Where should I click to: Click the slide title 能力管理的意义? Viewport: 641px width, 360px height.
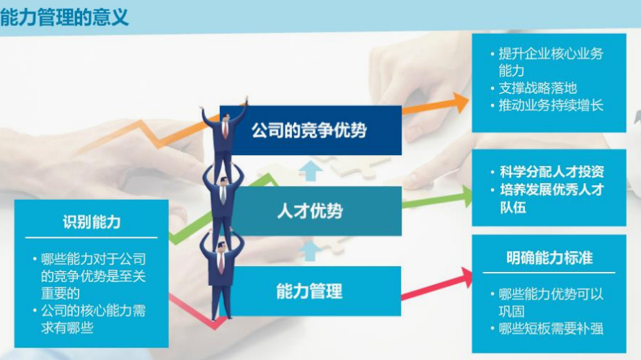click(64, 17)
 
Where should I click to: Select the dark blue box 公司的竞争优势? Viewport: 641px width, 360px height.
click(311, 130)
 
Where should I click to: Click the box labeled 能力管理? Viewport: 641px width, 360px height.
click(311, 291)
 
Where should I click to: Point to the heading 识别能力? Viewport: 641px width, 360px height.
click(92, 221)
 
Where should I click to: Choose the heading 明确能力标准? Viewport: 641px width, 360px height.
click(549, 258)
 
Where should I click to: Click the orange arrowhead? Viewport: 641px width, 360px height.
click(461, 102)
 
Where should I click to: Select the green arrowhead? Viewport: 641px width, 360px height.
click(465, 197)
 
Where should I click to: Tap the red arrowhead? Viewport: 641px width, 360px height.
click(466, 279)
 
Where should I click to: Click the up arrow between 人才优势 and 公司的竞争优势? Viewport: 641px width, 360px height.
click(311, 170)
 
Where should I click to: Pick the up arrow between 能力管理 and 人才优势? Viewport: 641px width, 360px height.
click(310, 250)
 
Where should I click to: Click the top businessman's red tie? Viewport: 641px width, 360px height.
click(225, 129)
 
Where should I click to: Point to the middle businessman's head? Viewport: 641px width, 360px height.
click(224, 181)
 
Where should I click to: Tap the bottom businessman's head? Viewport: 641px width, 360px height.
click(221, 247)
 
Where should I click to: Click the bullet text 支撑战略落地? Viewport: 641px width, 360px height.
click(538, 88)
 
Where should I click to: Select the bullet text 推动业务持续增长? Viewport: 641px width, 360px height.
click(551, 105)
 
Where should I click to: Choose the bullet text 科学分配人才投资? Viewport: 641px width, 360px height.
click(552, 172)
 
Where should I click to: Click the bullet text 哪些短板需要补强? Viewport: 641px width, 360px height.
click(551, 328)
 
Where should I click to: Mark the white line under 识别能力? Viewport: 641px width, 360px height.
click(91, 237)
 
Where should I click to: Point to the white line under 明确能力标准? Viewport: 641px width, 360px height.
click(549, 273)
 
